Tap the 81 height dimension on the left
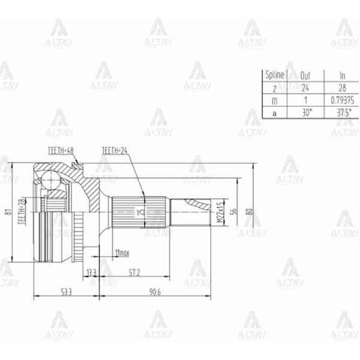8,212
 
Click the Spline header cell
274,75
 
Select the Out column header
305,75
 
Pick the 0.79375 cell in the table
343,100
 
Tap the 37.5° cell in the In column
343,112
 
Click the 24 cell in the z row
305,88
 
